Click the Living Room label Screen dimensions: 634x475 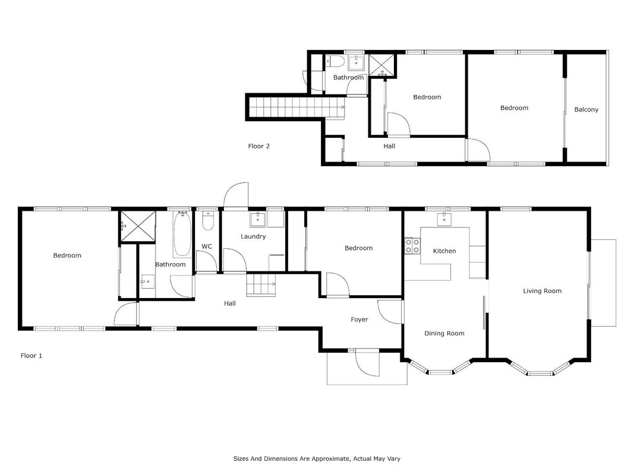click(542, 291)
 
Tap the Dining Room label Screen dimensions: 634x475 click(444, 333)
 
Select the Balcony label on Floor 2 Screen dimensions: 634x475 click(586, 109)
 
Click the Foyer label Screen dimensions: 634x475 click(359, 319)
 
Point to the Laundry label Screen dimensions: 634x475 click(253, 236)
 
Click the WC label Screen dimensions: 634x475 click(207, 246)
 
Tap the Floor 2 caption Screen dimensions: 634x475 click(259, 146)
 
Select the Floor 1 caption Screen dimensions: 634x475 click(31, 356)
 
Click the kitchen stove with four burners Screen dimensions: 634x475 click(412, 246)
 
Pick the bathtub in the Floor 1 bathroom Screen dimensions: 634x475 click(182, 234)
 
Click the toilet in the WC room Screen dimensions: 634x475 click(208, 220)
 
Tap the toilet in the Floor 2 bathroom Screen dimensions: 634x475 click(336, 61)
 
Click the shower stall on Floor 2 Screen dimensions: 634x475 click(382, 65)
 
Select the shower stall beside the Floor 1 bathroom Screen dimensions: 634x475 click(137, 226)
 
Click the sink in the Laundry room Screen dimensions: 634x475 click(257, 220)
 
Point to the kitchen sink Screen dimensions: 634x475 click(444, 219)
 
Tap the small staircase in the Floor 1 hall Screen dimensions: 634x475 click(261, 284)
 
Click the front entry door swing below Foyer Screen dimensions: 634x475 click(368, 363)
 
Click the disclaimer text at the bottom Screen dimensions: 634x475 click(317, 458)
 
